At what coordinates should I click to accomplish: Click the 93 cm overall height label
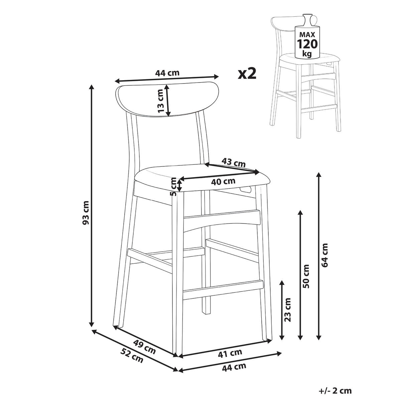(86, 213)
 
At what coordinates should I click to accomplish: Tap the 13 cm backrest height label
(161, 101)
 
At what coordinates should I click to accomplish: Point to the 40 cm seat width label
(223, 181)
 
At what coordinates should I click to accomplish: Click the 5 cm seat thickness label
(173, 186)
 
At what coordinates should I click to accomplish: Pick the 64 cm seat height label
(324, 255)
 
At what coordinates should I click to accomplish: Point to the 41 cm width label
(230, 353)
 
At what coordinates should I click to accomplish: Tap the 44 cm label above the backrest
(167, 73)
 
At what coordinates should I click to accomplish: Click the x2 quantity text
(247, 74)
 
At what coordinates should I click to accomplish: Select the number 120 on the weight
(307, 44)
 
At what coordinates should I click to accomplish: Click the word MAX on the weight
(307, 34)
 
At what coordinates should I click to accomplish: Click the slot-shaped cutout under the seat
(246, 189)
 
